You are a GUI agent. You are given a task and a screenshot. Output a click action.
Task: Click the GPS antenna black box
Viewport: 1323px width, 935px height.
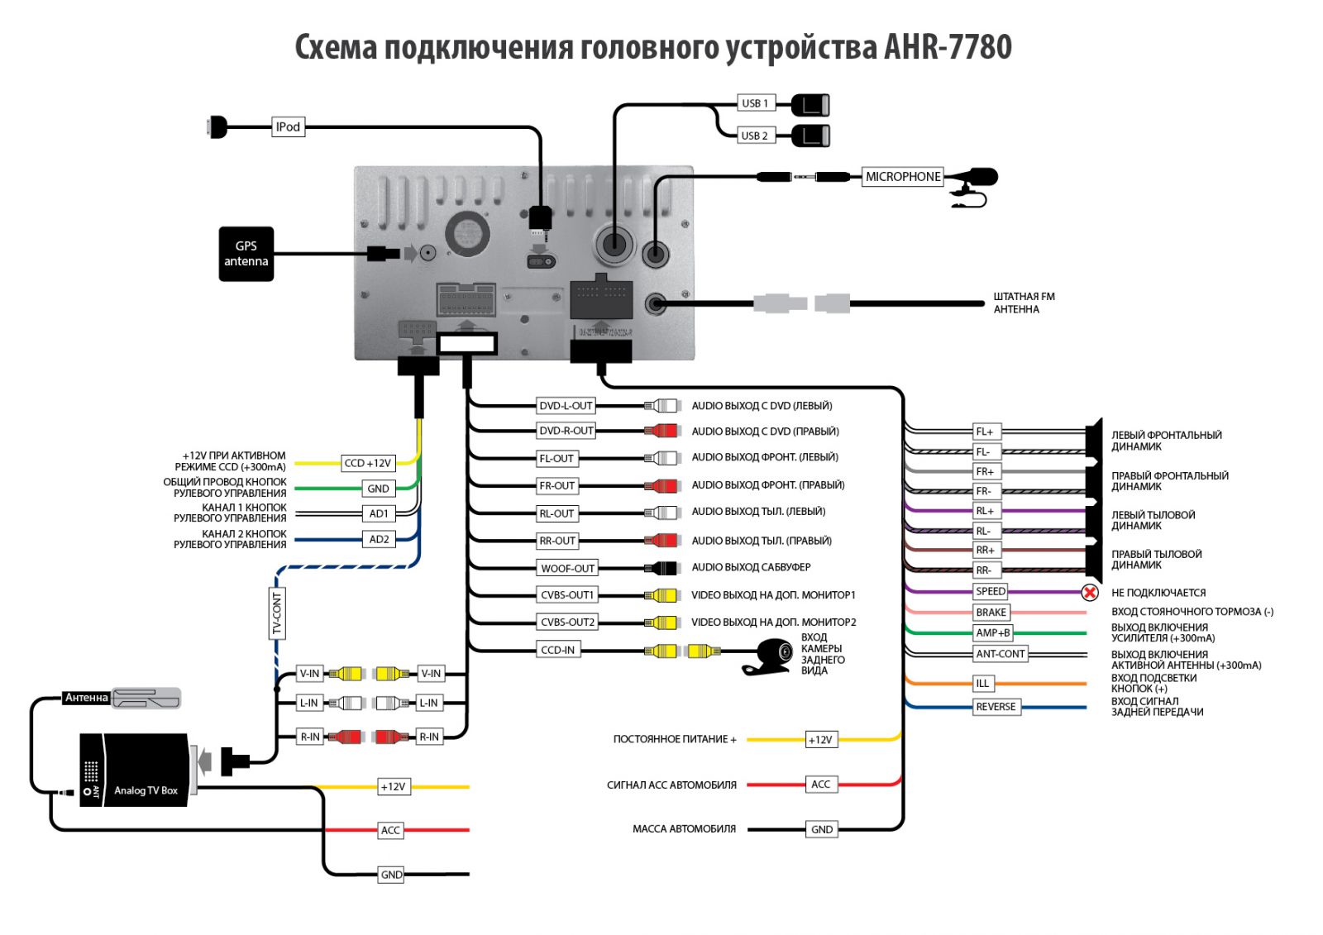[x=246, y=254]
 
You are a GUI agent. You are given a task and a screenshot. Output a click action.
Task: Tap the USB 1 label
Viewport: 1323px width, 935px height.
[x=755, y=103]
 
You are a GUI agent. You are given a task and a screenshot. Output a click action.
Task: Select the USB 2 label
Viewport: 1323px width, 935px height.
[x=755, y=136]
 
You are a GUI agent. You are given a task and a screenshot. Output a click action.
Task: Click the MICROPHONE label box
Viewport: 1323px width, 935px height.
[x=902, y=177]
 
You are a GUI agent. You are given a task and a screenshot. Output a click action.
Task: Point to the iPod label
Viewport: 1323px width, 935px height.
[x=288, y=126]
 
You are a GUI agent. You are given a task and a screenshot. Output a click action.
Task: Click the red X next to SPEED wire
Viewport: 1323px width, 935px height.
[x=1090, y=592]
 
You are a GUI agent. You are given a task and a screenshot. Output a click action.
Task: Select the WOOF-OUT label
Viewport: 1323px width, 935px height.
[x=567, y=568]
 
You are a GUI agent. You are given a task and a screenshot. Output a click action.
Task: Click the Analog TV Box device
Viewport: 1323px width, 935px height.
[x=135, y=770]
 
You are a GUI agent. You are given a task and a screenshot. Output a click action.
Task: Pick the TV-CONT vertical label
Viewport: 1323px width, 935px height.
[x=277, y=613]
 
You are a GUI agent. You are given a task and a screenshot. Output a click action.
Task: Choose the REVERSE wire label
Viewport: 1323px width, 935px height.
[x=996, y=707]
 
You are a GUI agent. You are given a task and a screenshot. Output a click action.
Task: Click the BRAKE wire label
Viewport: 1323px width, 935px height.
[x=991, y=613]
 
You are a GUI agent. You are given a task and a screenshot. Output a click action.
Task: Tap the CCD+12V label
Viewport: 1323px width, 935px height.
[x=367, y=463]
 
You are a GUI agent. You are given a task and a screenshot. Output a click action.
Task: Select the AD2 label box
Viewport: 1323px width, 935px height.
[x=379, y=539]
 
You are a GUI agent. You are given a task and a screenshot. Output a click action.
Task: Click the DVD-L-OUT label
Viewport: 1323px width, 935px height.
[x=566, y=406]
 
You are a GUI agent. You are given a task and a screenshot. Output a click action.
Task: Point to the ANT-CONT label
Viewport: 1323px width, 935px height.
[x=1001, y=654]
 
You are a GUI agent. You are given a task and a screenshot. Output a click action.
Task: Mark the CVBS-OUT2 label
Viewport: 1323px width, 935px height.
[x=567, y=623]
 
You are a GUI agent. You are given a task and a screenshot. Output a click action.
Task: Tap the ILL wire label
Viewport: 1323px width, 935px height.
[x=982, y=684]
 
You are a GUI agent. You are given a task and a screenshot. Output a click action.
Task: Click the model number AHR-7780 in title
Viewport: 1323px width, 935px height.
[x=948, y=47]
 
